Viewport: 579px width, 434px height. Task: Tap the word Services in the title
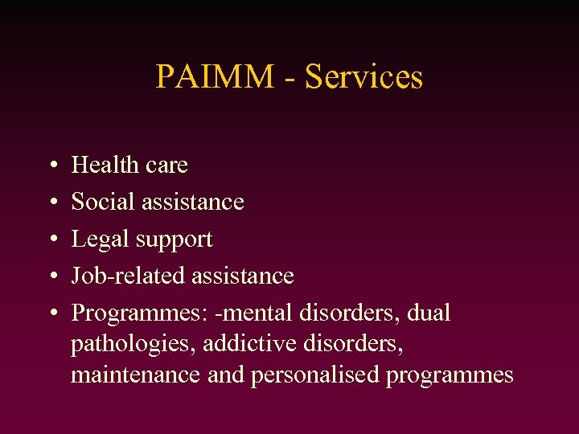(x=364, y=77)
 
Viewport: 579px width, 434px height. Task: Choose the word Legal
(x=99, y=240)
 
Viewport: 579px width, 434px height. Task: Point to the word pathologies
(x=133, y=344)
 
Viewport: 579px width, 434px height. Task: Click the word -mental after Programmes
(x=256, y=313)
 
